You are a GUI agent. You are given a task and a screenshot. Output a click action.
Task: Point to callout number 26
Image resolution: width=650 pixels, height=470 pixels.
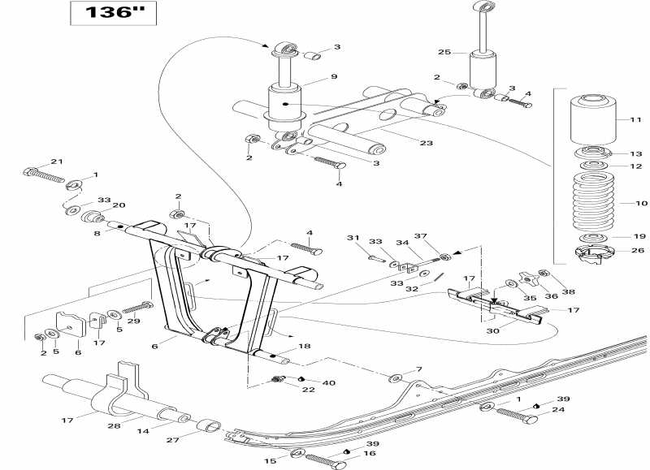[636, 250]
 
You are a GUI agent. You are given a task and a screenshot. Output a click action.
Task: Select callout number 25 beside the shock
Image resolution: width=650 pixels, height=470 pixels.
[444, 52]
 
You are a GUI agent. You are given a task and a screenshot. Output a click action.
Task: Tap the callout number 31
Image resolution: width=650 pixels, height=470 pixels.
[352, 237]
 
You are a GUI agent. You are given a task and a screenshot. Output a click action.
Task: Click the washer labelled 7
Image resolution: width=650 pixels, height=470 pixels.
[396, 379]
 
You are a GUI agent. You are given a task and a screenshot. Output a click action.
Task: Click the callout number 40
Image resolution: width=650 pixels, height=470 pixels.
[329, 382]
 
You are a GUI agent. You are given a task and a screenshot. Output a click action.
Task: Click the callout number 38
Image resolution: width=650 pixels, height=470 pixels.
[567, 291]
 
